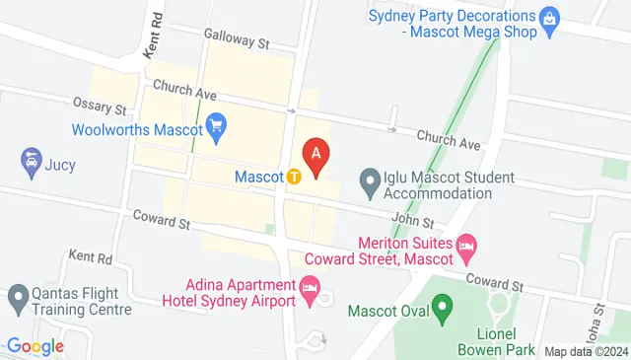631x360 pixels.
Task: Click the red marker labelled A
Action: pos(316,155)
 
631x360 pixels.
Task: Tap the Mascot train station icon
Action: pos(294,178)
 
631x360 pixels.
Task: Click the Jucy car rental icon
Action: pos(30,160)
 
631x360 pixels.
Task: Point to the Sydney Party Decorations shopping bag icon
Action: pos(550,17)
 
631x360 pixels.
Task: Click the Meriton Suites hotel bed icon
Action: pos(466,244)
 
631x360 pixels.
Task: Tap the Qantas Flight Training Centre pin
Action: pos(18,296)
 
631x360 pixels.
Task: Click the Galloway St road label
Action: pos(237,39)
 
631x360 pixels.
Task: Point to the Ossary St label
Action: pos(100,105)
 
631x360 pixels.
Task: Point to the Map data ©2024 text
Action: pos(586,351)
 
